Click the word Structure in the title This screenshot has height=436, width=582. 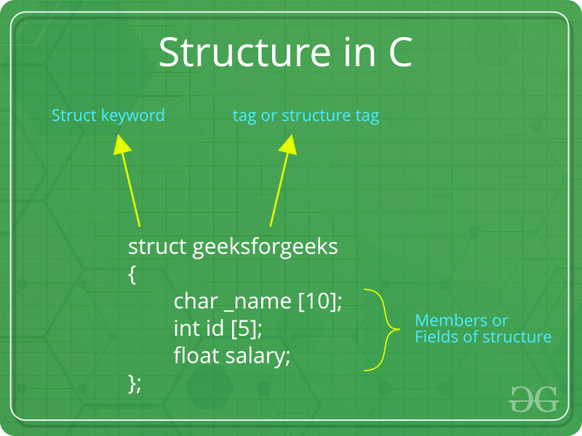(x=239, y=52)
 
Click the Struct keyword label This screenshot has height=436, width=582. (x=108, y=116)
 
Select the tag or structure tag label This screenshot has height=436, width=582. (x=306, y=116)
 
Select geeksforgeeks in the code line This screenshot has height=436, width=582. (x=265, y=247)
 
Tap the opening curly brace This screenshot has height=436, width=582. (x=132, y=275)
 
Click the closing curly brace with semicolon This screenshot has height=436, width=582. (x=135, y=383)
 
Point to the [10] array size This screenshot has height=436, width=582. (x=319, y=302)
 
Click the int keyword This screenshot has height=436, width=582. (x=183, y=328)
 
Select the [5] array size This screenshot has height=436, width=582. (x=246, y=329)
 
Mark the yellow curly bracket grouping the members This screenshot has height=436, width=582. (x=383, y=330)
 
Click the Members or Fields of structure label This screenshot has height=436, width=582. (x=482, y=329)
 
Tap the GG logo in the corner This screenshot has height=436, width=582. (x=533, y=398)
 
